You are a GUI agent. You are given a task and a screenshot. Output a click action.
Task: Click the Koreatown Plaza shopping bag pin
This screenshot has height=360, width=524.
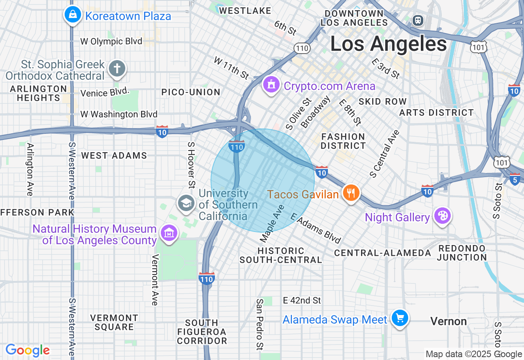pos(72,15)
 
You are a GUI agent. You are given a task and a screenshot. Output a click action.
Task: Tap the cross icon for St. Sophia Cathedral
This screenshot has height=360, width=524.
pos(117,69)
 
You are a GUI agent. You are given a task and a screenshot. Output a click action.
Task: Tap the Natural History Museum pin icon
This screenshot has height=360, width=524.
pos(169,233)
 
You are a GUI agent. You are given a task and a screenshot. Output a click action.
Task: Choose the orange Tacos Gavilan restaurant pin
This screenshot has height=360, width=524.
pos(350,193)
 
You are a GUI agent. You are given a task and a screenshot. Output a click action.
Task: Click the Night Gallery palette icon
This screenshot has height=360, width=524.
pos(442,216)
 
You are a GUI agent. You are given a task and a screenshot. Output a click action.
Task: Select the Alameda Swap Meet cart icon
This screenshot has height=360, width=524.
pos(400,318)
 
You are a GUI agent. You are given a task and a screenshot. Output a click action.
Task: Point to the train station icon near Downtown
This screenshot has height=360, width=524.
pos(418,20)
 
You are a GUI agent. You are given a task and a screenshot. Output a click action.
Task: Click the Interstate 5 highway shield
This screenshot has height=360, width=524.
pos(515,179)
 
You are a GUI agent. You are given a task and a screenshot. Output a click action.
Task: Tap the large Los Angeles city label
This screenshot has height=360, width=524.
pos(388,44)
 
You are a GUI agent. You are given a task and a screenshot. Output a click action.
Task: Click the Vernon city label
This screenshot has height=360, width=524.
pos(449,322)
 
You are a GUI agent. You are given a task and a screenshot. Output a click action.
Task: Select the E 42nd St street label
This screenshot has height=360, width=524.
pos(302,301)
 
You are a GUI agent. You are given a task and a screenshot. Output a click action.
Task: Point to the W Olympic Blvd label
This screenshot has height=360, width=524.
pos(111,41)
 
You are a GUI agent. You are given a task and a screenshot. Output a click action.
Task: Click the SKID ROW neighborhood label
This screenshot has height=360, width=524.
pos(382,101)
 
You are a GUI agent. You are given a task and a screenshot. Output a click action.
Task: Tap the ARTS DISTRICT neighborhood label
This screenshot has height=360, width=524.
pos(436,112)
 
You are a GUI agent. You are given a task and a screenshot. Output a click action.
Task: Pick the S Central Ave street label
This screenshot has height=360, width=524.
pos(384,154)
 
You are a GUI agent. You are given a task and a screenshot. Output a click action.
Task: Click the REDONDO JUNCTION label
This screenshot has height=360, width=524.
pos(462,253)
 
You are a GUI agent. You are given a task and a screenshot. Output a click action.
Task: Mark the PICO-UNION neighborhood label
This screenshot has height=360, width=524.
pos(191,92)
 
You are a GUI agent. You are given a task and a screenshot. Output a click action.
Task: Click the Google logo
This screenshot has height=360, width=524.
pos(27,351)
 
